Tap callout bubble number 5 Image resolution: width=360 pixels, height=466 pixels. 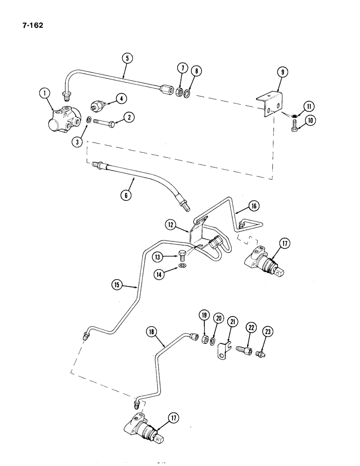coord(126,59)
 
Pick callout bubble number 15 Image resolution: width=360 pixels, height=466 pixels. coord(117,283)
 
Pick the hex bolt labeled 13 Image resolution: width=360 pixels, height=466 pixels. coord(182,255)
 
